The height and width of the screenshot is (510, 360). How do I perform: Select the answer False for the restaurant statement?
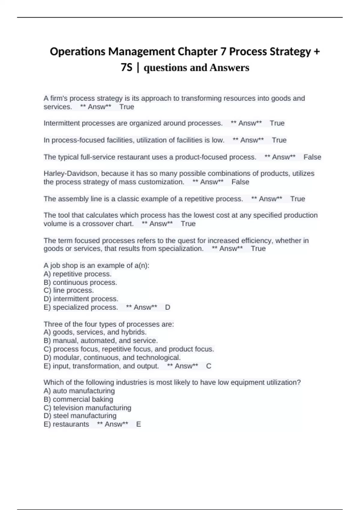(x=312, y=157)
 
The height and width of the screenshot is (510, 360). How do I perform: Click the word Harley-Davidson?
(x=70, y=173)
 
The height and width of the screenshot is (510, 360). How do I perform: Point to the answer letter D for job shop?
(x=168, y=307)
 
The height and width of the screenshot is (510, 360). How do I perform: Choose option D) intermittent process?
(x=81, y=299)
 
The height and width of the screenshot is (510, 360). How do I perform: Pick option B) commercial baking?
(x=78, y=399)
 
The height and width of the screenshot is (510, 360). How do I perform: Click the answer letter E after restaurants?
(x=138, y=424)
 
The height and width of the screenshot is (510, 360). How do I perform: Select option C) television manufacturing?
(x=87, y=408)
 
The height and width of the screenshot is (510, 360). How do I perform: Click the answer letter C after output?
(x=209, y=366)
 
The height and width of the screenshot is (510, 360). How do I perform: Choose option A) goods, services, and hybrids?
(x=95, y=332)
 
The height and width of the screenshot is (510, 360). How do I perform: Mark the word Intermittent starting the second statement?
(x=61, y=123)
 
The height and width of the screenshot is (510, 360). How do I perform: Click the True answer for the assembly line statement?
(x=298, y=199)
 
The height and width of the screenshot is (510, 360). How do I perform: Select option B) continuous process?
(x=80, y=282)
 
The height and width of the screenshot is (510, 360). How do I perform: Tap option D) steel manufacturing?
(x=80, y=415)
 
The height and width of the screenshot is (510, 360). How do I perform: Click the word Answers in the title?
(x=229, y=67)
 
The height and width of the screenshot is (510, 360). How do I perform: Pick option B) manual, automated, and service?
(x=101, y=340)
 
